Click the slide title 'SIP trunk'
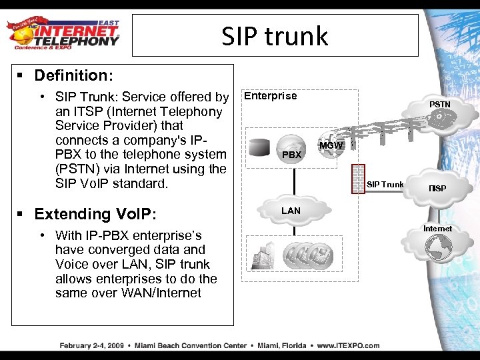[275, 35]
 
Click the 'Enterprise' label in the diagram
[270, 96]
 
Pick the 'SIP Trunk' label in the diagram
[385, 185]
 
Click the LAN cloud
[291, 211]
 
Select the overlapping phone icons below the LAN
[307, 256]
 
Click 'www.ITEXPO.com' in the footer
[348, 345]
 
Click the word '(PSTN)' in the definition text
[78, 169]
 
